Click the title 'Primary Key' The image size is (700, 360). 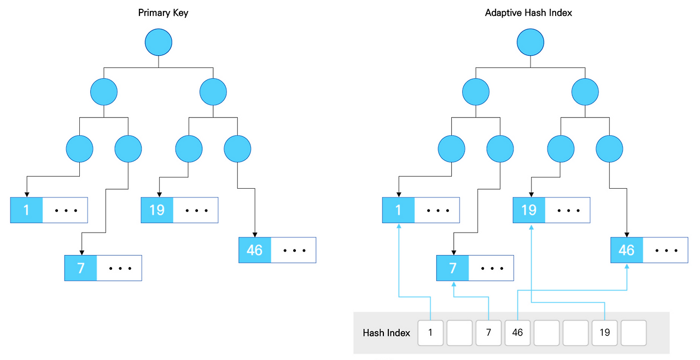[x=163, y=13]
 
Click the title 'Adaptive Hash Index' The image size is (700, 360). [x=528, y=13]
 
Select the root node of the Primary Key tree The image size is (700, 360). [x=159, y=42]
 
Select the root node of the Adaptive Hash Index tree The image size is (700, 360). [x=530, y=42]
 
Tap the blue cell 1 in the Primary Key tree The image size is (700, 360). [x=26, y=210]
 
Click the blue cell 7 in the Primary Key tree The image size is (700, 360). [x=80, y=268]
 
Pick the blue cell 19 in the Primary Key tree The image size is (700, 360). [x=157, y=210]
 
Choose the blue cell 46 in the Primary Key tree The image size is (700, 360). [x=255, y=250]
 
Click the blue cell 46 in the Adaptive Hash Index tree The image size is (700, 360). [x=626, y=250]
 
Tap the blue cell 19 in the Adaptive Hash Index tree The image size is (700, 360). [x=528, y=210]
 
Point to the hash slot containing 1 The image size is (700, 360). [x=430, y=333]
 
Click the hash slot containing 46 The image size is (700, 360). [x=517, y=333]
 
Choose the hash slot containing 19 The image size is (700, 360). [x=604, y=333]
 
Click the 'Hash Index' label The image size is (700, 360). [x=386, y=333]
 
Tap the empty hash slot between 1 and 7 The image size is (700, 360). [x=459, y=333]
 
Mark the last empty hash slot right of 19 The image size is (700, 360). [x=633, y=333]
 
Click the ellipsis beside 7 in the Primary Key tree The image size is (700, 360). [x=119, y=268]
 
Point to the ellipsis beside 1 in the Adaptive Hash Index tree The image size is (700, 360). [x=436, y=210]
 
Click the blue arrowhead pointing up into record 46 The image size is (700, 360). [x=627, y=266]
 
